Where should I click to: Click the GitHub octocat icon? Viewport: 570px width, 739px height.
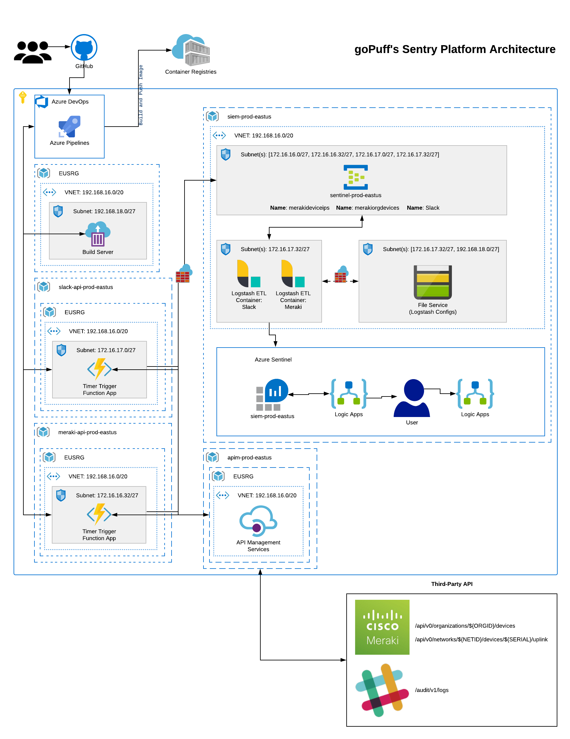(x=84, y=47)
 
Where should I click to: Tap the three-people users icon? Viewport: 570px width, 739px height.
(x=33, y=52)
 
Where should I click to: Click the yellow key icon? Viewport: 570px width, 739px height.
(x=23, y=97)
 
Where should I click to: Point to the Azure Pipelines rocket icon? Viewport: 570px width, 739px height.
(x=70, y=127)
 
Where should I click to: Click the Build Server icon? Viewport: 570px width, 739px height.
(x=98, y=234)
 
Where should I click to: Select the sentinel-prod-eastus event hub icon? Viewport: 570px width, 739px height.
(x=355, y=177)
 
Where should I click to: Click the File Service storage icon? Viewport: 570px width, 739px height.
(x=433, y=282)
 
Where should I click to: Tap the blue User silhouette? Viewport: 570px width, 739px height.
(x=412, y=398)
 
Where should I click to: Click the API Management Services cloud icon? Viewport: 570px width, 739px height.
(x=258, y=521)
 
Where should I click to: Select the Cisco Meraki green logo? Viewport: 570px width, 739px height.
(x=382, y=627)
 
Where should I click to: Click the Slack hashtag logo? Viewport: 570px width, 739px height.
(x=382, y=690)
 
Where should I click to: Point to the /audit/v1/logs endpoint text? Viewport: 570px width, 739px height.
(x=432, y=690)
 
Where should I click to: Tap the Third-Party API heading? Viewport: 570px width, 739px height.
(x=452, y=584)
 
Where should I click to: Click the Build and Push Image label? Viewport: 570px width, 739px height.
(x=141, y=95)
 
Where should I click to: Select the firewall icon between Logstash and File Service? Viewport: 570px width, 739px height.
(x=341, y=275)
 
